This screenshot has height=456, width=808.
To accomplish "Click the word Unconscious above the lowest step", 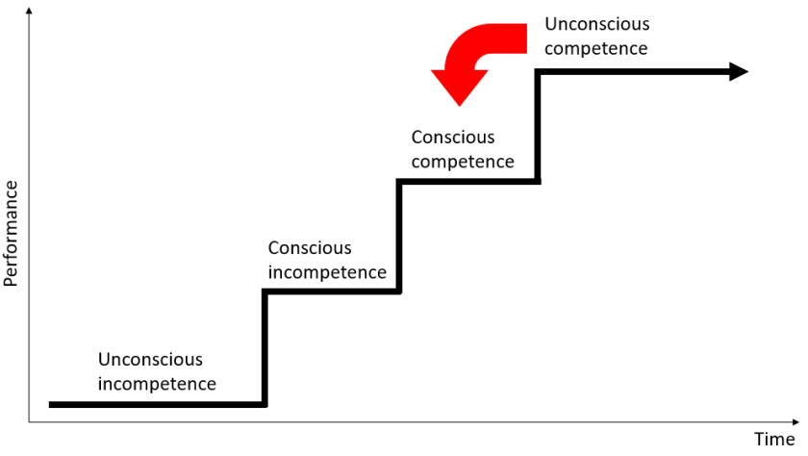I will (x=150, y=360).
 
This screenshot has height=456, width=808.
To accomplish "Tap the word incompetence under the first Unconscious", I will (x=157, y=384).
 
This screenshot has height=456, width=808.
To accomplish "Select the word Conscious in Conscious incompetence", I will (x=310, y=248).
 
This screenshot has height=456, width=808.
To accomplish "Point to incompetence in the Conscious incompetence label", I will (x=327, y=272).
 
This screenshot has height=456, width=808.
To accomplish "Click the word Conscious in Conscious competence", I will (x=453, y=138).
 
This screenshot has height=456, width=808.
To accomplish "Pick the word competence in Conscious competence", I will (x=463, y=162).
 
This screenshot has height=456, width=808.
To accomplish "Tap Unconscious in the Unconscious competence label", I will (x=596, y=24).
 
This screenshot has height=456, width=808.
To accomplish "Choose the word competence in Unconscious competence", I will (x=595, y=48).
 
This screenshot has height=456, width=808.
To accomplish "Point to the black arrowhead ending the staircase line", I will (x=739, y=71).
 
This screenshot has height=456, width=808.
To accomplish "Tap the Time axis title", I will (x=773, y=440).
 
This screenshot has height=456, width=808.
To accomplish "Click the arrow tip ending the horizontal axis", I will (x=794, y=421).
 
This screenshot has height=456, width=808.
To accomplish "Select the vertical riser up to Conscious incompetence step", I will (x=265, y=346).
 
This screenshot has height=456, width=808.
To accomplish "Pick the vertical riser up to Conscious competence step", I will (x=398, y=236).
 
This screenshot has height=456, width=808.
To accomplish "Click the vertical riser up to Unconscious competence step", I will (x=538, y=126).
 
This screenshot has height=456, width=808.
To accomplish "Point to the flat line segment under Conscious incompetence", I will (x=332, y=291).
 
